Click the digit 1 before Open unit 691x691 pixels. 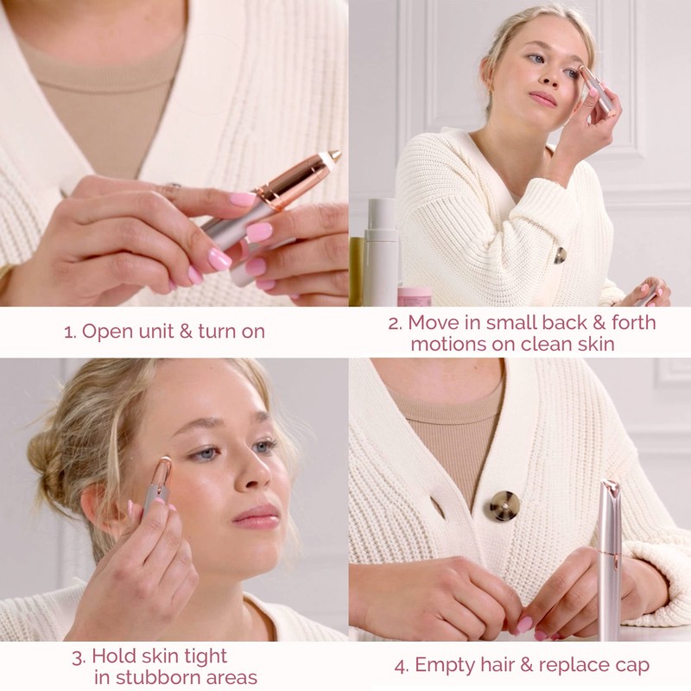point(68,332)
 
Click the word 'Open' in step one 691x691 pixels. point(105,332)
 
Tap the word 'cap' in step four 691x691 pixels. point(631,666)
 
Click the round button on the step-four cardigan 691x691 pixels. point(501,505)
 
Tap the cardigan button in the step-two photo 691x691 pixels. point(561,255)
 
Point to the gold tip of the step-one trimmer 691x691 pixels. point(333,157)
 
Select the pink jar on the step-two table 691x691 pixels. point(414,296)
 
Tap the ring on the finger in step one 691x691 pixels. point(174,187)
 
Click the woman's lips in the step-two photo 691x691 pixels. point(542,98)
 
